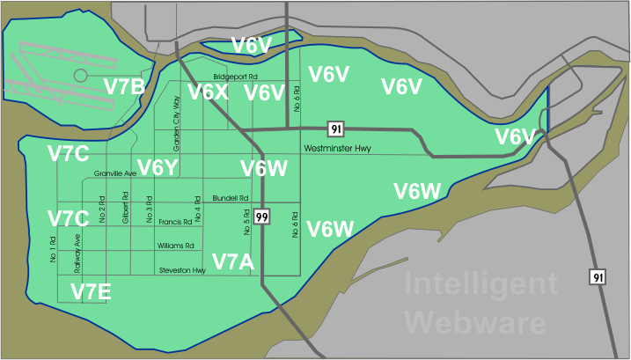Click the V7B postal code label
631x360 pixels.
pyautogui.click(x=124, y=85)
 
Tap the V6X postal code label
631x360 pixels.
pyautogui.click(x=209, y=92)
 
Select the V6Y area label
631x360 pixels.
pyautogui.click(x=158, y=166)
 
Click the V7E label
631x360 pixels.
pyautogui.click(x=91, y=291)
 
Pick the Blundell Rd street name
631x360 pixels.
pyautogui.click(x=231, y=198)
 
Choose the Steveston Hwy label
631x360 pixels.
pyautogui.click(x=181, y=270)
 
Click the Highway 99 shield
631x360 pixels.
pyautogui.click(x=261, y=216)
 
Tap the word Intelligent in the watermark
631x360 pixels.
pyautogui.click(x=480, y=284)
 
